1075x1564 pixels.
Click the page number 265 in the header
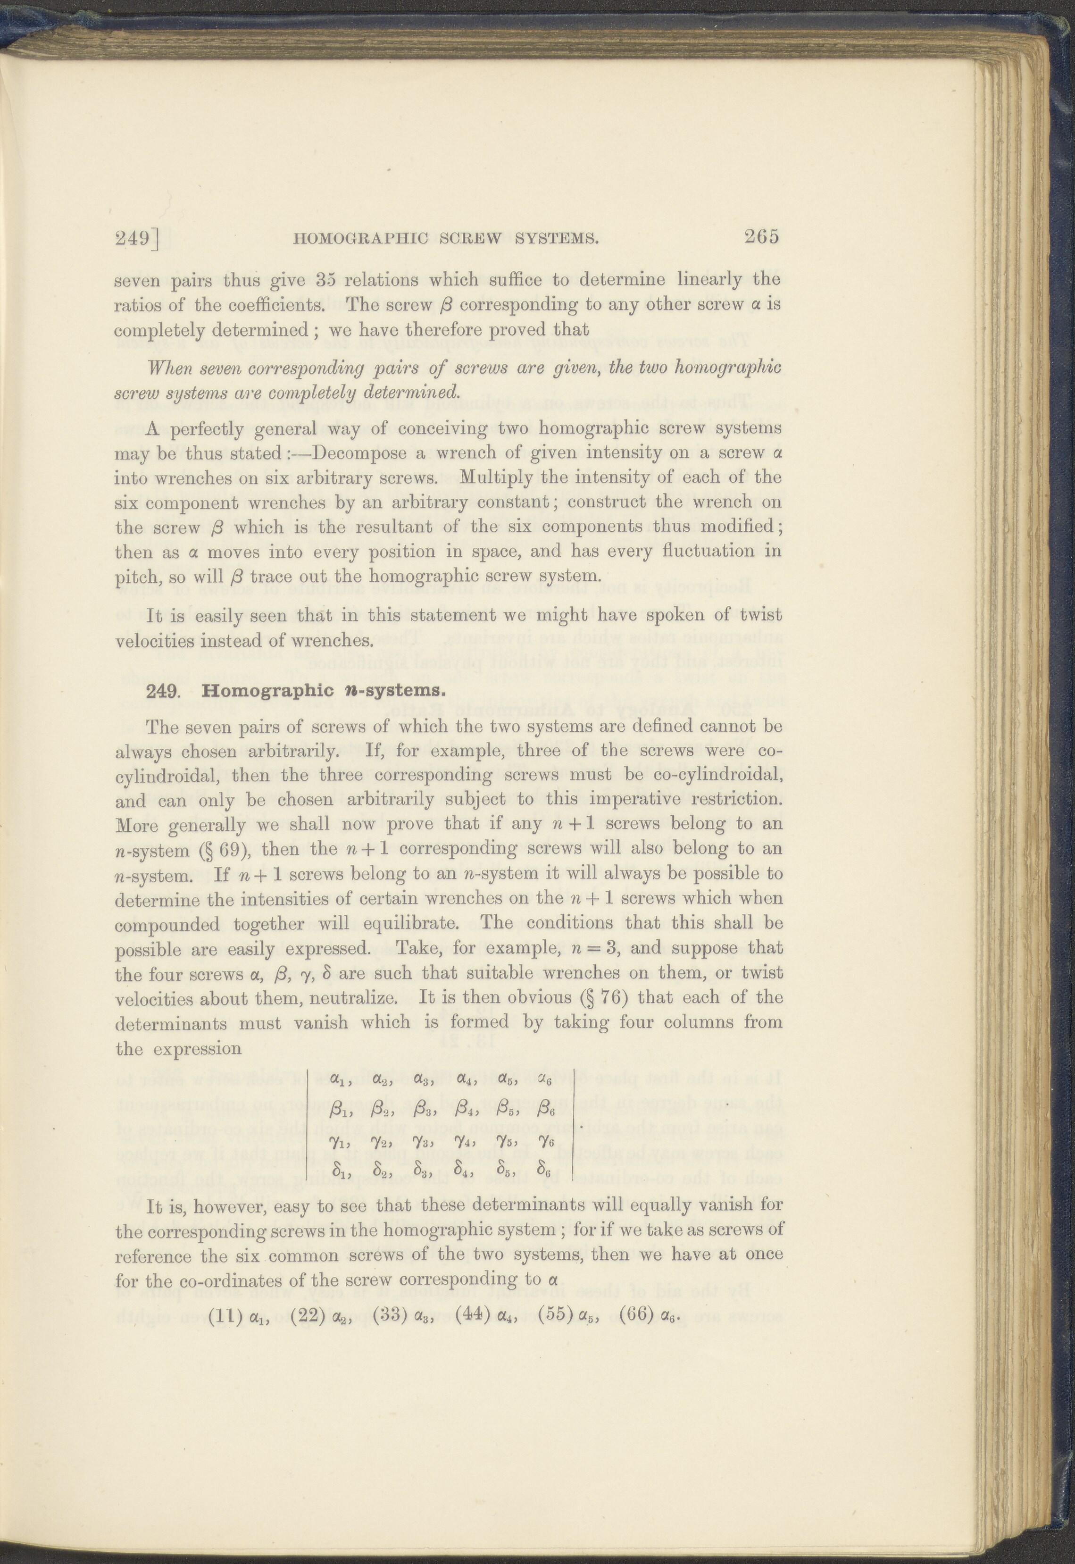pos(761,237)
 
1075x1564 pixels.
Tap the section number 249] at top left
pos(137,238)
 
